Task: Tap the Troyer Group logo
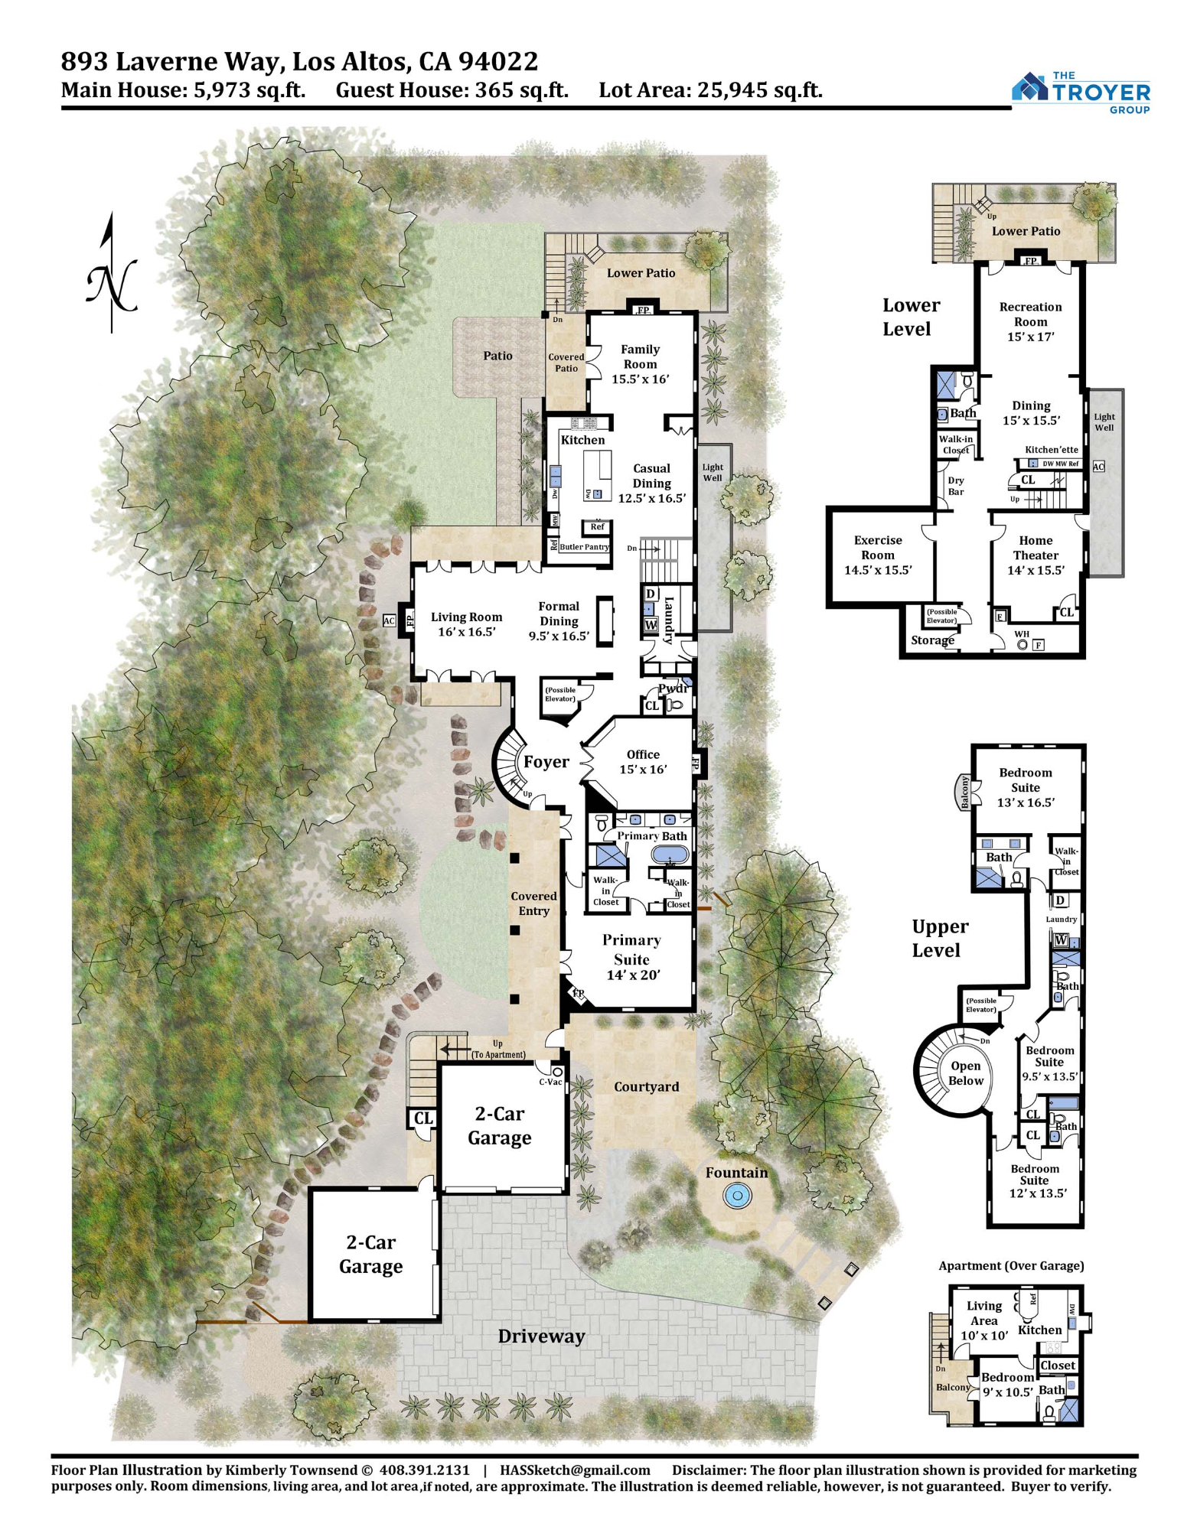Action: (1081, 92)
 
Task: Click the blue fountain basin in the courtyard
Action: (736, 1196)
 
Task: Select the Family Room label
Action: (640, 356)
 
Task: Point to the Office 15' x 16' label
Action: (643, 762)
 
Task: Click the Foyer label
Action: (546, 762)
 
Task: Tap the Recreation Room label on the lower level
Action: (1030, 314)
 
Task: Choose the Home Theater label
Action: (1036, 548)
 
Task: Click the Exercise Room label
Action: (878, 548)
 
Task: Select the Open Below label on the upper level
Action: (965, 1073)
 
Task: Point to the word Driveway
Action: (541, 1336)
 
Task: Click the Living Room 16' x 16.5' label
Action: (466, 624)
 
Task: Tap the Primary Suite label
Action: (631, 949)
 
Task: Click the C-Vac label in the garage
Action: (550, 1082)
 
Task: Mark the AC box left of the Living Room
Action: (389, 620)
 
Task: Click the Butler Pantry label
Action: (584, 547)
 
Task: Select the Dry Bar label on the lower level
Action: (956, 487)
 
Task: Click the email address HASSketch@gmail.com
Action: (575, 1470)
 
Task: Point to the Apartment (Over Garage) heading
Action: (1011, 1266)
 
